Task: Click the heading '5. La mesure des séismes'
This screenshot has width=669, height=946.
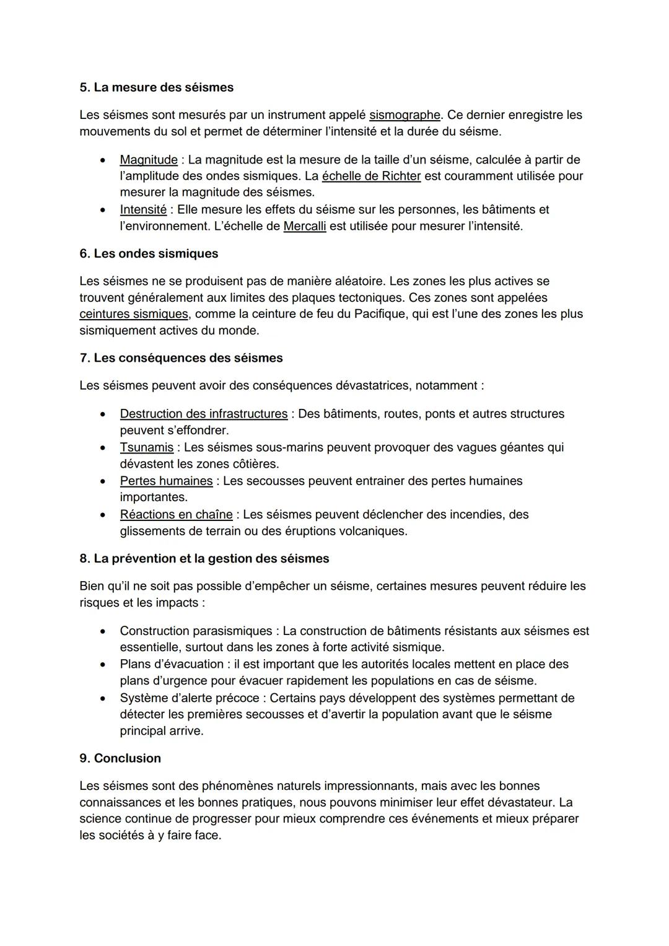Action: (156, 87)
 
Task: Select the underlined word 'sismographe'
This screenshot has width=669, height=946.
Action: (404, 115)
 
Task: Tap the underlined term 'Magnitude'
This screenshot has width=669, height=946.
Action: (149, 160)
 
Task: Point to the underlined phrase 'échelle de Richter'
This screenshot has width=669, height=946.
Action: (371, 176)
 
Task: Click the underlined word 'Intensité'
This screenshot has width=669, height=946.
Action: (143, 209)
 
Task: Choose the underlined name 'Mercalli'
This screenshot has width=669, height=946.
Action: (304, 226)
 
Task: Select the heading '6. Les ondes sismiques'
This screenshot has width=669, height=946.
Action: (149, 253)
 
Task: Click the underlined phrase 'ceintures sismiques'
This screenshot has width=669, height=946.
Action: (133, 314)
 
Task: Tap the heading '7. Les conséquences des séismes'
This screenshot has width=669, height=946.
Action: (181, 358)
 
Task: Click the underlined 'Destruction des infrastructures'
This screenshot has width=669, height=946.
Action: (203, 414)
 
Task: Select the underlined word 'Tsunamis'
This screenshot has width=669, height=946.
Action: (147, 447)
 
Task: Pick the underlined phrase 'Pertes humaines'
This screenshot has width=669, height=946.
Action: (166, 481)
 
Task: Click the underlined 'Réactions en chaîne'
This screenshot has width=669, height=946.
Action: (176, 514)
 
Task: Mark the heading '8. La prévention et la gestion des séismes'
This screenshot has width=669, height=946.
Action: (204, 559)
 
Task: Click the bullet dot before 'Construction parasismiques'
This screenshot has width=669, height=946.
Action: (103, 631)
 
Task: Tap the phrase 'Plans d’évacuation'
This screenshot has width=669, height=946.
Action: (171, 664)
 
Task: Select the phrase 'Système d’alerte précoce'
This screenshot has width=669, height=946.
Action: (189, 698)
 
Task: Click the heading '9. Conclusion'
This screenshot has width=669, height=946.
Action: (120, 758)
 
